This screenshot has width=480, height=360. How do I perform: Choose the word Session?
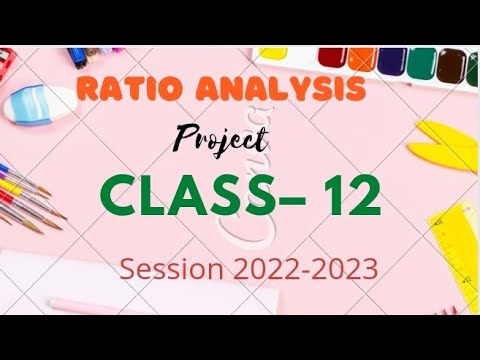[x=171, y=268]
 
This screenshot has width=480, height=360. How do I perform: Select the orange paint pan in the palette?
[x=361, y=59]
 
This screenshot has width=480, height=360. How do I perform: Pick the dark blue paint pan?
[x=392, y=62]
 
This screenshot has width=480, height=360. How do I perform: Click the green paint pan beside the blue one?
[x=422, y=64]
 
